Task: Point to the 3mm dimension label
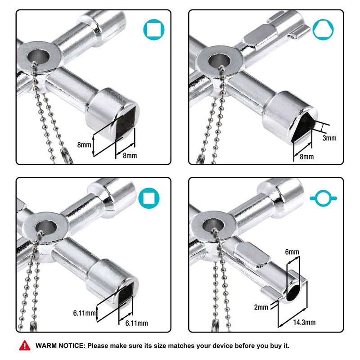tap(329, 138)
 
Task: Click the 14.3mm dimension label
tap(305, 322)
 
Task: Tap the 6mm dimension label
tap(292, 253)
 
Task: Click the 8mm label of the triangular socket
tap(306, 156)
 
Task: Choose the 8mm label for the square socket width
tap(130, 156)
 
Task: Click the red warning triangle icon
tap(23, 346)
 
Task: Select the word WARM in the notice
tap(46, 346)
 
